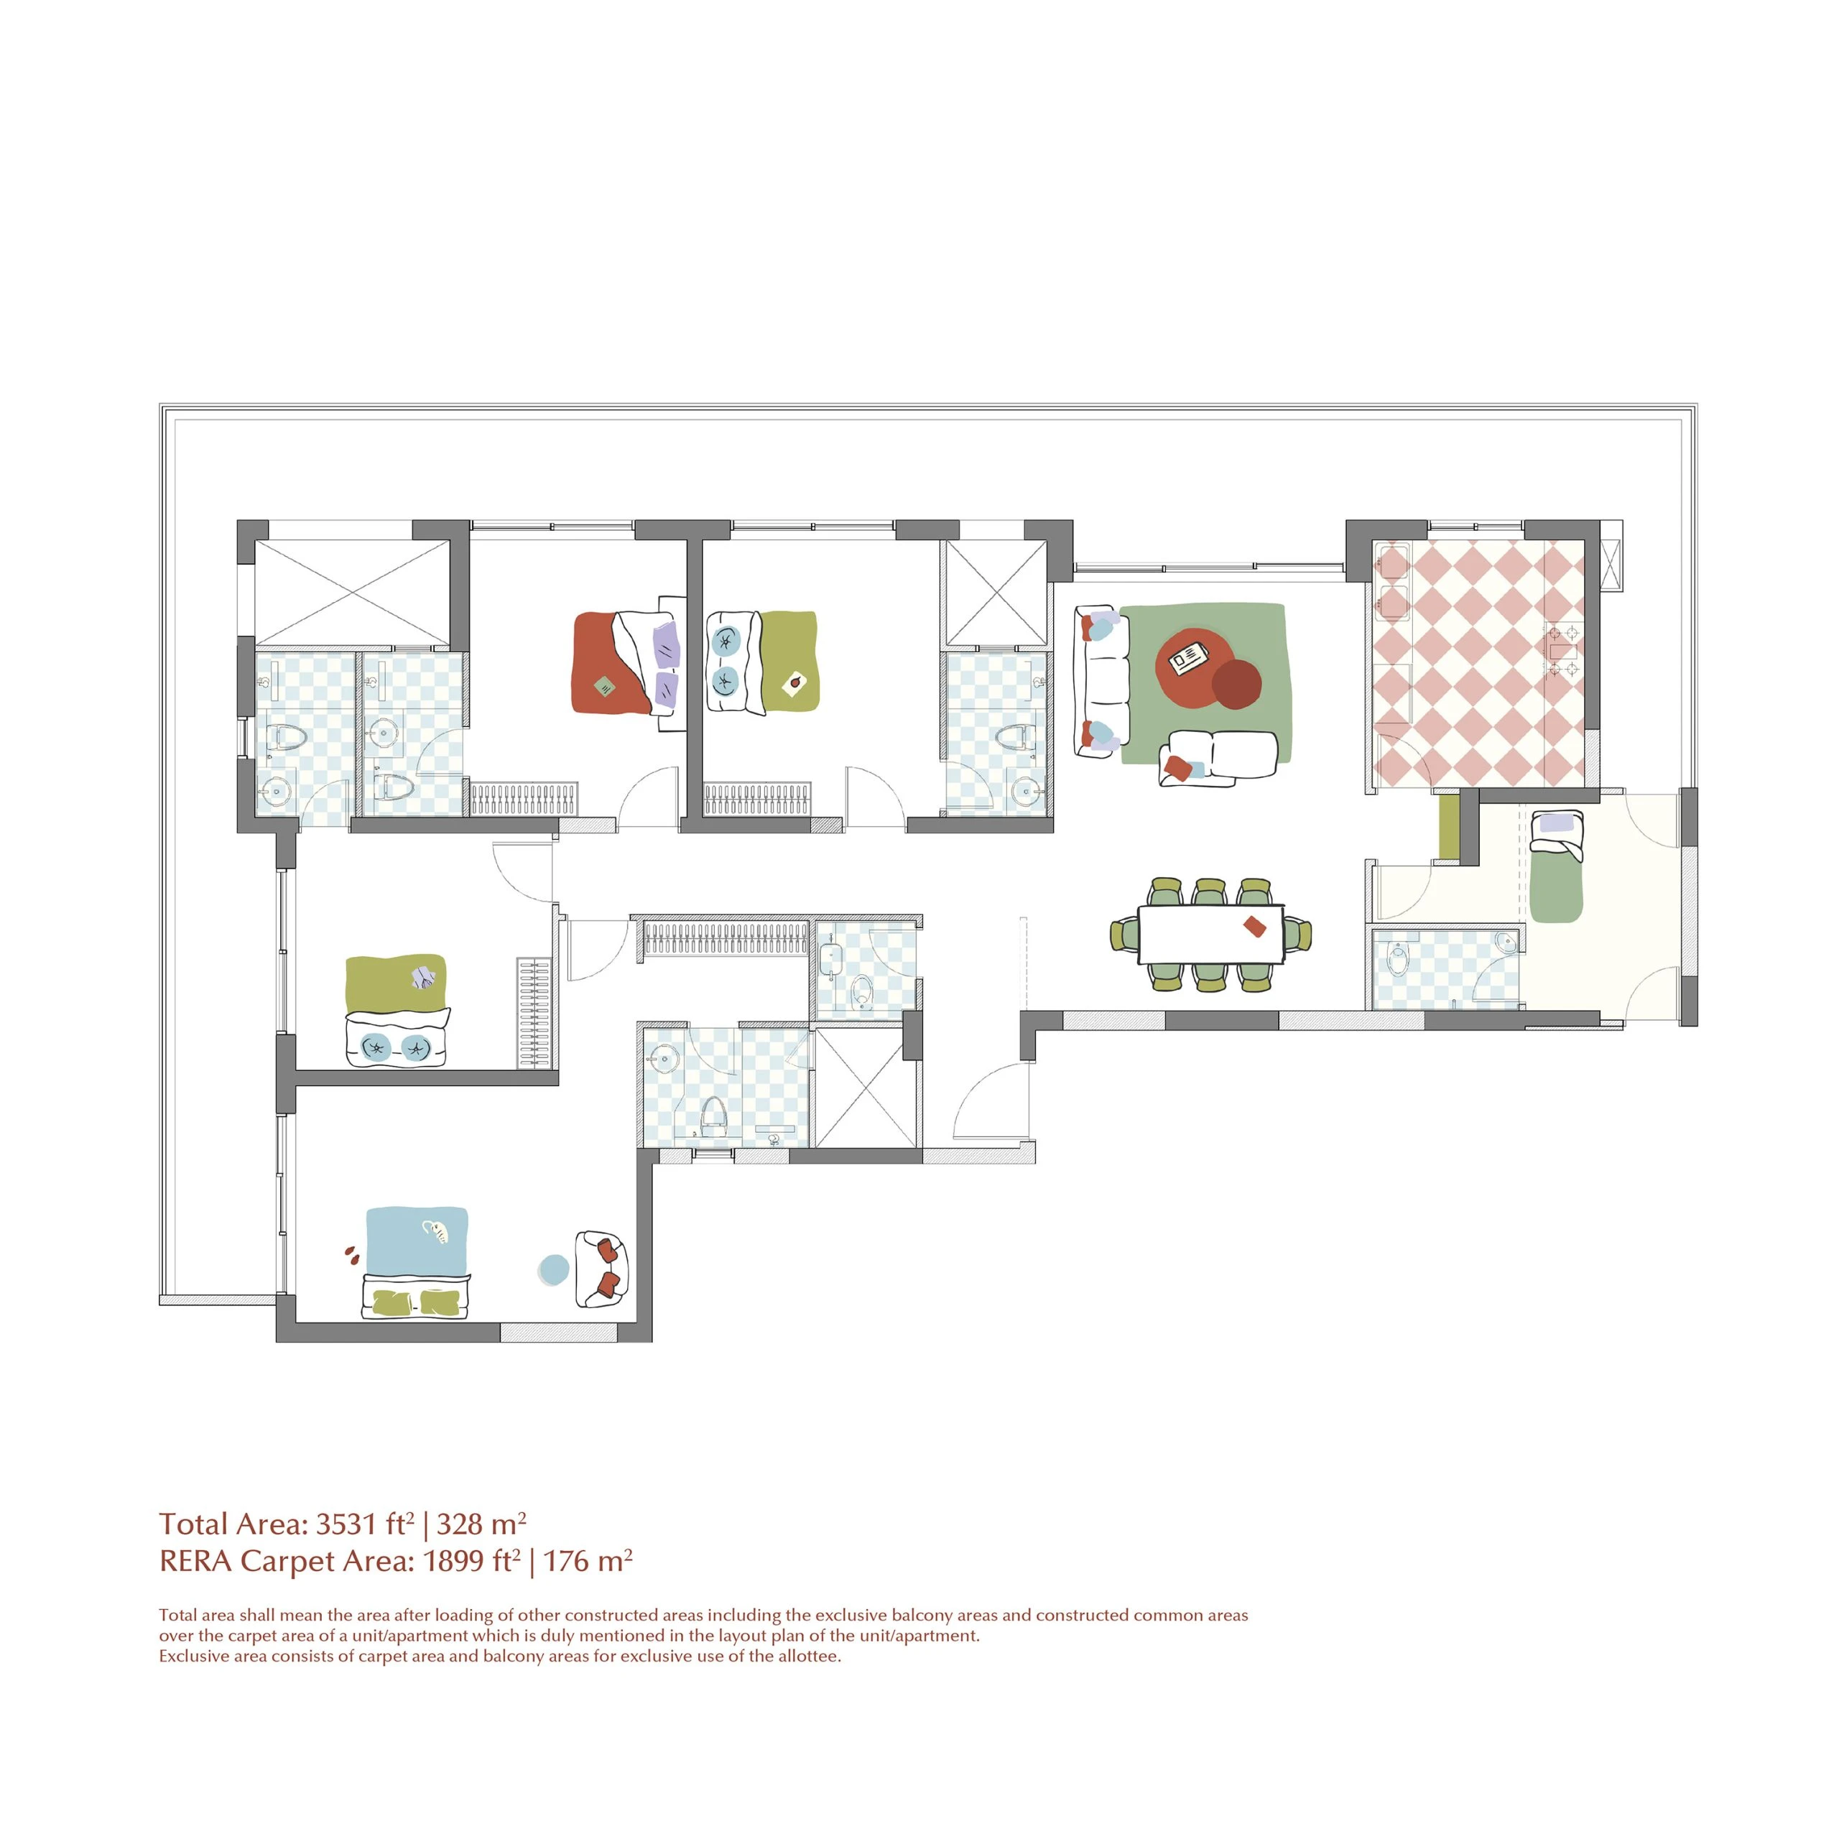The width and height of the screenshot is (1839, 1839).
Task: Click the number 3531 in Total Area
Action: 346,1524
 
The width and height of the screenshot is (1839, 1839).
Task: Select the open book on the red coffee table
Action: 1188,657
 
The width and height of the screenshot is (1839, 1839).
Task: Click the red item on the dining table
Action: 1254,926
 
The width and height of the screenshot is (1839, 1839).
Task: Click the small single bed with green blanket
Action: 1555,867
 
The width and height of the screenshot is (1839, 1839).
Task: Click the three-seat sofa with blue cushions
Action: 1101,680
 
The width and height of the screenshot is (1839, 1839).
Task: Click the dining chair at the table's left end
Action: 1125,934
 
